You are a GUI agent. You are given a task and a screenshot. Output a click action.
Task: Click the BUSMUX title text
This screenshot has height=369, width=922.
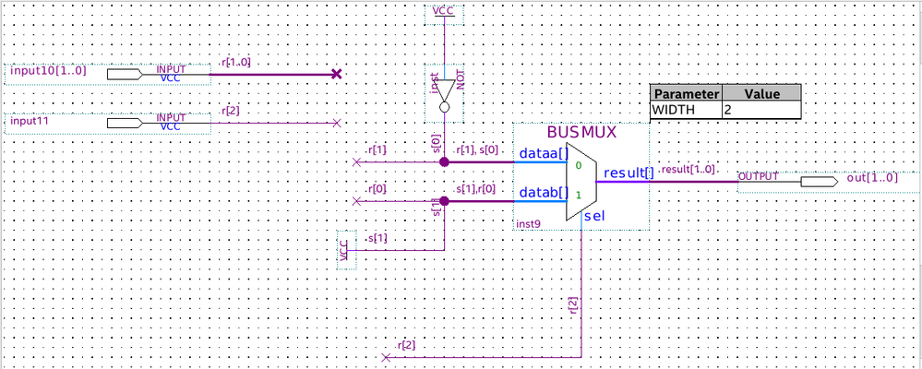click(x=581, y=133)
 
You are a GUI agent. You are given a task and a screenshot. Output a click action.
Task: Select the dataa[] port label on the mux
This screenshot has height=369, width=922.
click(x=542, y=153)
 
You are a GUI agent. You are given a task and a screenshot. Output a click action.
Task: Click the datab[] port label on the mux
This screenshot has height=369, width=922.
click(x=542, y=192)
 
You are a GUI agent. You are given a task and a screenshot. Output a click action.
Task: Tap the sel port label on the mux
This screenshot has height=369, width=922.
click(x=593, y=215)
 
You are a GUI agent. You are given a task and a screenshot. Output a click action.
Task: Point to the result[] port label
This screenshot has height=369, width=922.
click(x=629, y=173)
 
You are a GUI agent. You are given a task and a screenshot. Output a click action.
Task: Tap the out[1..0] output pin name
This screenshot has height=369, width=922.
click(x=870, y=176)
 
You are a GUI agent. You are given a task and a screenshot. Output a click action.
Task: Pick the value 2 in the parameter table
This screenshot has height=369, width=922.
click(x=727, y=110)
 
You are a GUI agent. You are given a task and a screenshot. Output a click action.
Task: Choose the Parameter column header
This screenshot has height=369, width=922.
click(x=685, y=94)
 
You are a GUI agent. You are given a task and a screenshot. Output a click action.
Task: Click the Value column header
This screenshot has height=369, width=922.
click(x=761, y=94)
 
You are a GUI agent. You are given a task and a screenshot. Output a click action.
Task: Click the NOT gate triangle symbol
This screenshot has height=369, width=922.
click(x=444, y=91)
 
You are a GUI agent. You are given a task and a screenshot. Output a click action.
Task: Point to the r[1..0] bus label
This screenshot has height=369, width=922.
click(x=235, y=62)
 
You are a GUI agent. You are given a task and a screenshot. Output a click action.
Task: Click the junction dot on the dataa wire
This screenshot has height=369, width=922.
click(x=444, y=161)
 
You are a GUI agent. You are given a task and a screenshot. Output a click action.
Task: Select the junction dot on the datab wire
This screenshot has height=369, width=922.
click(x=444, y=200)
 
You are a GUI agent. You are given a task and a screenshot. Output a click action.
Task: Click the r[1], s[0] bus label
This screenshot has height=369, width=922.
click(x=478, y=149)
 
